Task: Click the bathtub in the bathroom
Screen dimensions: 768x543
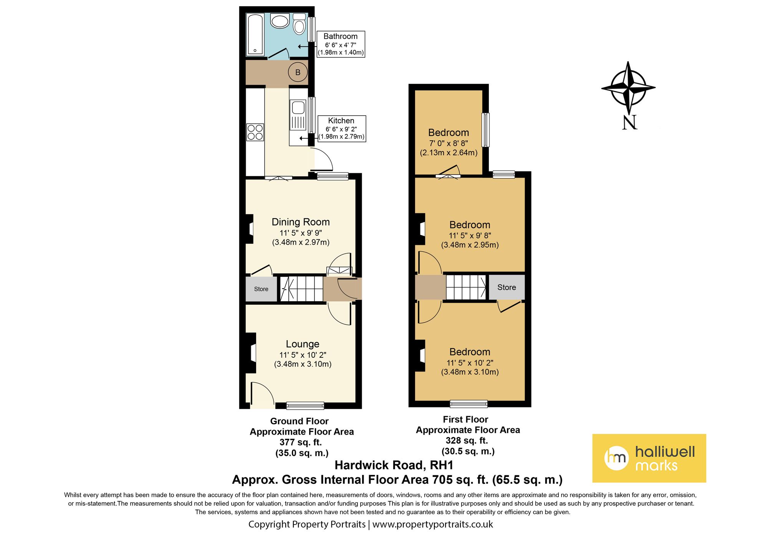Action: [x=255, y=35]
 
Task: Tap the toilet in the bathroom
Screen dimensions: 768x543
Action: [x=299, y=24]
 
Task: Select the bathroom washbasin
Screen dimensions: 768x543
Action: [x=280, y=21]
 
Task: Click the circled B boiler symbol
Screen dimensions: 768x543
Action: [x=298, y=72]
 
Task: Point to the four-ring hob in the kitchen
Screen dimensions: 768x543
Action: [x=255, y=132]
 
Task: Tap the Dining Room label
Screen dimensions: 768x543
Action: [x=301, y=222]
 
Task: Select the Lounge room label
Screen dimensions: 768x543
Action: [x=303, y=344]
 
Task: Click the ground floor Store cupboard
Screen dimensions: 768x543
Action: [x=261, y=289]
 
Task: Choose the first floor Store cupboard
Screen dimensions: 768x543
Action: [x=506, y=287]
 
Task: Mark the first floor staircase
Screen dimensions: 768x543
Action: [x=466, y=287]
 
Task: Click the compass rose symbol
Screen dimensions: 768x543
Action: [x=628, y=88]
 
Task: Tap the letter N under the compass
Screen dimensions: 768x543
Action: [x=629, y=123]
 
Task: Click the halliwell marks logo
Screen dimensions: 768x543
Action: [x=649, y=458]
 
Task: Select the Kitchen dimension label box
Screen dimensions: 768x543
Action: [x=342, y=128]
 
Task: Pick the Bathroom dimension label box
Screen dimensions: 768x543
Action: [x=341, y=44]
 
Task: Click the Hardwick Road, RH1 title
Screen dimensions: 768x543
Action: [x=394, y=465]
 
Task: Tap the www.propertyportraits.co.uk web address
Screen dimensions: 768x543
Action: [x=432, y=525]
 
